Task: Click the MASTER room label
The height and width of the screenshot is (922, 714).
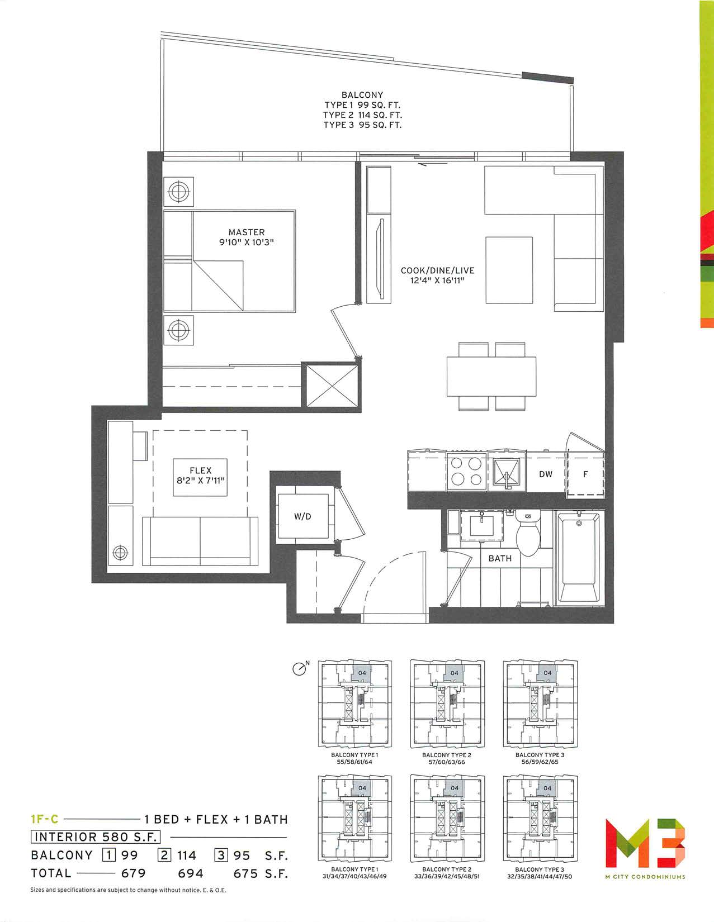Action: (247, 232)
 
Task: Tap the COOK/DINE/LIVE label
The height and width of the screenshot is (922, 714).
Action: (437, 270)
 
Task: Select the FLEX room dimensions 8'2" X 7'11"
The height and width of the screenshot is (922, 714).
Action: (200, 481)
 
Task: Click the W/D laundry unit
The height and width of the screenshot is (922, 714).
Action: (302, 516)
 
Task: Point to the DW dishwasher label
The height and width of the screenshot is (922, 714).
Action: (546, 474)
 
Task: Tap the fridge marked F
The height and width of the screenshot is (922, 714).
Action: (585, 473)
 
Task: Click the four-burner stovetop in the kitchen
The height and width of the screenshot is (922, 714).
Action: (466, 472)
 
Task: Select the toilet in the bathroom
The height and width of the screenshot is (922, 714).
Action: (528, 533)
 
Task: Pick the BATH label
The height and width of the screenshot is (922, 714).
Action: (500, 558)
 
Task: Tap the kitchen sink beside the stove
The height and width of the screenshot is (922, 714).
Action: (507, 473)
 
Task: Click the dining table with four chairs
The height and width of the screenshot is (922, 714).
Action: (491, 377)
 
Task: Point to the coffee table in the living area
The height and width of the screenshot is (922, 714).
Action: (509, 270)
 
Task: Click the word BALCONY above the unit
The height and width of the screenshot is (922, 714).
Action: (362, 95)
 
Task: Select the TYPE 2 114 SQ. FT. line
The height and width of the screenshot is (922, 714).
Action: (362, 115)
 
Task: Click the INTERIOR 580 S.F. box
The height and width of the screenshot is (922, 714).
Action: (96, 837)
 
